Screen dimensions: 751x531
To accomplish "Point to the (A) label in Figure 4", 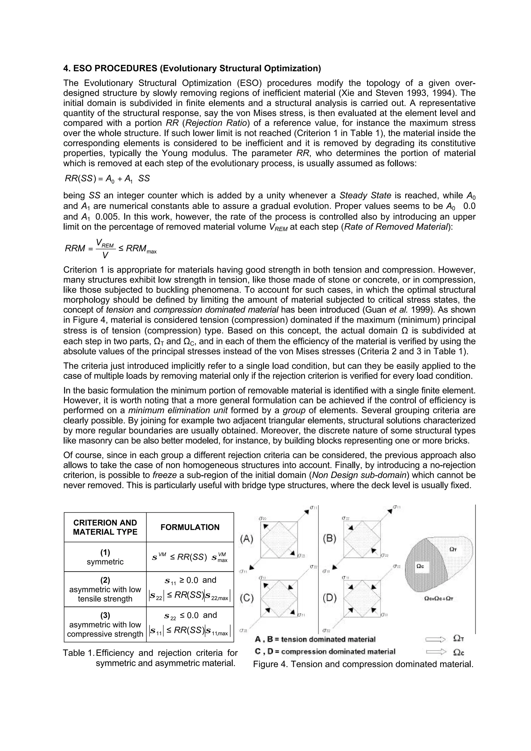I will [x=247, y=539].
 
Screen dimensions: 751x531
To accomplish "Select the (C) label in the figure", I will [x=247, y=598].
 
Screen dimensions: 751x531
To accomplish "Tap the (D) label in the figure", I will [x=330, y=598].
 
